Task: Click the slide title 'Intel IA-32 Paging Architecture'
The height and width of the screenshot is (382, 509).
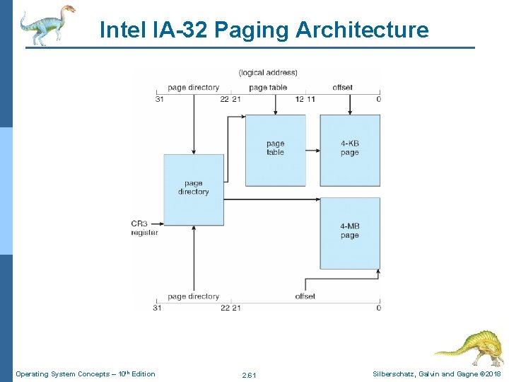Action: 264,30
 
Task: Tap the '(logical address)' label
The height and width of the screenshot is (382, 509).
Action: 268,72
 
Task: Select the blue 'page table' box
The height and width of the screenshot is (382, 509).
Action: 275,150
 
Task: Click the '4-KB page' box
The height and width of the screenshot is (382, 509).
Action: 350,150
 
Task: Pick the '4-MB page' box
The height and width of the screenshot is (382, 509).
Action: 350,233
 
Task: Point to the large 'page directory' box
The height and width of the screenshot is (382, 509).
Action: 194,189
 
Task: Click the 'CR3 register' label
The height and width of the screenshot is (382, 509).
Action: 144,228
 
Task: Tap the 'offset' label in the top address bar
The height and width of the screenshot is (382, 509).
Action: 342,88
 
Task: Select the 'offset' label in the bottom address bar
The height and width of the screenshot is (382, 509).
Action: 305,296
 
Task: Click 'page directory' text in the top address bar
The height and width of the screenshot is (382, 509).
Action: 193,88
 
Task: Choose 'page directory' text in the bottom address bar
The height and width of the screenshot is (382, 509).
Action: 193,296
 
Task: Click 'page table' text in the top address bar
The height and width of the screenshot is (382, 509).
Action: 268,88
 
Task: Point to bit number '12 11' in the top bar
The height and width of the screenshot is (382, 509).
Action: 305,99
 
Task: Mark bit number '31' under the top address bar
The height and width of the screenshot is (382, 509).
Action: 160,99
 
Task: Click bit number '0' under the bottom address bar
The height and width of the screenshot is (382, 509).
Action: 379,308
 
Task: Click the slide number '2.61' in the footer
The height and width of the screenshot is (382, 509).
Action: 249,374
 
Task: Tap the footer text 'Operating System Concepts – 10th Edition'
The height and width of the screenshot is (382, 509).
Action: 86,374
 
